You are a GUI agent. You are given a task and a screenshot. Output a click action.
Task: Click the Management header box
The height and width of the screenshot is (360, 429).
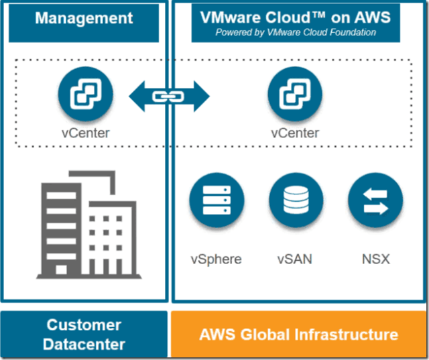[84, 17]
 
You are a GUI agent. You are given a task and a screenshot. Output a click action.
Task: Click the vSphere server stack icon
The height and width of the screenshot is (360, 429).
[216, 200]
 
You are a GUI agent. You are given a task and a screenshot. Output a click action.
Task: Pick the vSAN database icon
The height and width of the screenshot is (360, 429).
[296, 200]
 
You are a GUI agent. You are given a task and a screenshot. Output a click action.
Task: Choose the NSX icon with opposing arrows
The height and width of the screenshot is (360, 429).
[375, 200]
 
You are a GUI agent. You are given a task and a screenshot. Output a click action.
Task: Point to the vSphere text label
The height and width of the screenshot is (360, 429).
[216, 259]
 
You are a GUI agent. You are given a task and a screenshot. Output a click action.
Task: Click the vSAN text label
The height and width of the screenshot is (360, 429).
[296, 259]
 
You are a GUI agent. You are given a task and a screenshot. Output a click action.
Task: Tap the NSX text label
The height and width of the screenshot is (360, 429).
[375, 259]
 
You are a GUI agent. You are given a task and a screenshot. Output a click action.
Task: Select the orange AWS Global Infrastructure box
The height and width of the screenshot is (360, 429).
[299, 334]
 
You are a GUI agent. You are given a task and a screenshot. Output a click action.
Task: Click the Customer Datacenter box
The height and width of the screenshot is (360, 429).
[84, 334]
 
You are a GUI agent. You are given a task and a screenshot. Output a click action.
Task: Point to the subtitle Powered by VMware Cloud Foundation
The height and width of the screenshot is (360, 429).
[296, 32]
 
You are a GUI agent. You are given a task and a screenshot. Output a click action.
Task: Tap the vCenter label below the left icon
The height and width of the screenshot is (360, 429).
[84, 133]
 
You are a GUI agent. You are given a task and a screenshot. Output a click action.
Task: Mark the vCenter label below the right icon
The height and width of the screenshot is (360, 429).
[295, 133]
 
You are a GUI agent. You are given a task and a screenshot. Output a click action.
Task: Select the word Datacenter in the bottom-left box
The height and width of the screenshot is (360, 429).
[84, 345]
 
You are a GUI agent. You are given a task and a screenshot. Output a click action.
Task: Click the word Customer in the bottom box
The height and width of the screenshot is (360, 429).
[84, 325]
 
